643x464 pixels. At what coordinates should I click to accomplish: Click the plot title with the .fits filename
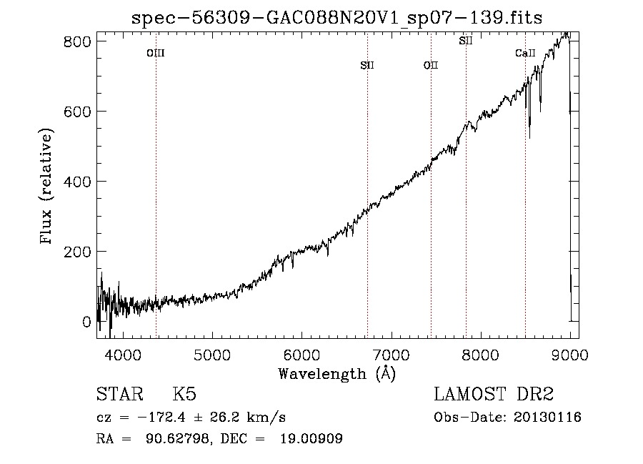point(337,18)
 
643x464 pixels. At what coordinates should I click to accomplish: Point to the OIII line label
point(156,53)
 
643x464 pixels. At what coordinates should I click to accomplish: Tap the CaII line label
point(525,53)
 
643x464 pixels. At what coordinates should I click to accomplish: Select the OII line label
point(431,65)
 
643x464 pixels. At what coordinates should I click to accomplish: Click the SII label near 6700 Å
point(367,65)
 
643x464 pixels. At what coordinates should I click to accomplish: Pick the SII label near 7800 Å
point(466,41)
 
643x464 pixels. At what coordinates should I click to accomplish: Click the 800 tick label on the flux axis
point(77,41)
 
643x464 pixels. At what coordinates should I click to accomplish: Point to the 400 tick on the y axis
point(77,182)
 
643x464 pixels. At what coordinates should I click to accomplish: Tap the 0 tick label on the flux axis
point(86,322)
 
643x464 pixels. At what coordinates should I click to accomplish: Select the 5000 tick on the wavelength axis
point(212,355)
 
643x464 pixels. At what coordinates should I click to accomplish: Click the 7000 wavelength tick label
point(392,355)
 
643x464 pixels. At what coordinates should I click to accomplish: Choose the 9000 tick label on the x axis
point(570,355)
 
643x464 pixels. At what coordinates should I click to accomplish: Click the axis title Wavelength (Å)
point(337,374)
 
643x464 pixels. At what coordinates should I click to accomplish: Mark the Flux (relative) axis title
point(46,187)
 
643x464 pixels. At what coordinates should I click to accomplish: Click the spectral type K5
point(184,394)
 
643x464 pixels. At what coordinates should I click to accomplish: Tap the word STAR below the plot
point(120,394)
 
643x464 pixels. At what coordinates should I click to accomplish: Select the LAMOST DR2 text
point(494,394)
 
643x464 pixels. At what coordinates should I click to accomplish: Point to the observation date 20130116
point(547,418)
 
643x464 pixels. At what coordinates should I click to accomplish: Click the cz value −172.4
point(161,418)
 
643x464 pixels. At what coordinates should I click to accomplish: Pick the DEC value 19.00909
point(311,438)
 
